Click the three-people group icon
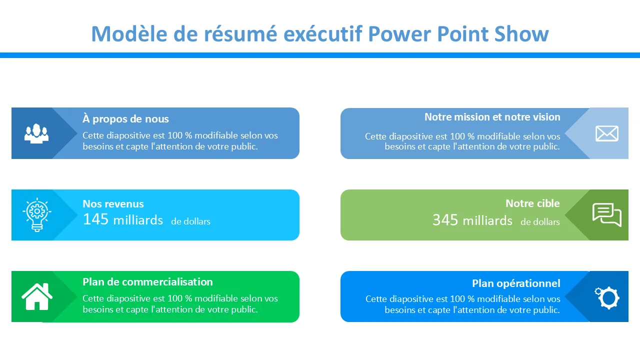[36, 133]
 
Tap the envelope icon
[607, 133]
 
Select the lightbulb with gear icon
[37, 214]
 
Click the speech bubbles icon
[607, 215]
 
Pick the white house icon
[37, 296]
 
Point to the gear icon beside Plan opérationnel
[607, 298]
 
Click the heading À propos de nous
[125, 119]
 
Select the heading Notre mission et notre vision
[492, 117]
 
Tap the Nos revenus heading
[113, 203]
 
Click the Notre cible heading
[532, 203]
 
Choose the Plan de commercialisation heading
[147, 282]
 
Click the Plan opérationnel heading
[516, 283]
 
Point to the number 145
[95, 219]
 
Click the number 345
[445, 220]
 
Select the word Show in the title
[521, 34]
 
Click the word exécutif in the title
[323, 34]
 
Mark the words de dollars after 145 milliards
[190, 221]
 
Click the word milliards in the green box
[487, 221]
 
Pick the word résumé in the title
[240, 34]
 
